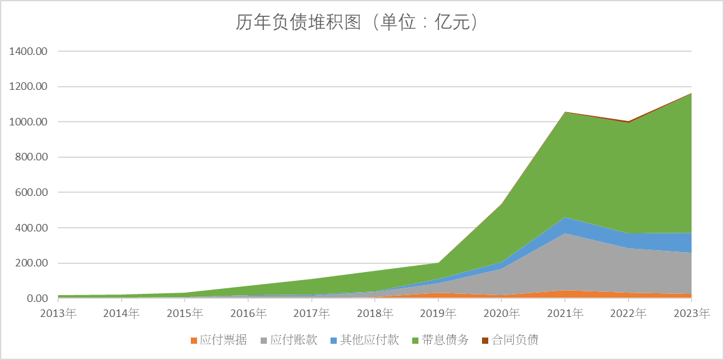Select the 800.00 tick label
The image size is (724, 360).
(x=32, y=157)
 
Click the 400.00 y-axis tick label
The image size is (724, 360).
(x=32, y=228)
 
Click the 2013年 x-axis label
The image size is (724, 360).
(x=58, y=313)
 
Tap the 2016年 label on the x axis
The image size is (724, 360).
(x=248, y=313)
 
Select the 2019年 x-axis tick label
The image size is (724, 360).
(x=438, y=313)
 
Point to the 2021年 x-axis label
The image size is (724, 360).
(x=565, y=313)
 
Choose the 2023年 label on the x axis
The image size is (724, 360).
(x=691, y=313)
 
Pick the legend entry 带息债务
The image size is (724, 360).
(x=445, y=340)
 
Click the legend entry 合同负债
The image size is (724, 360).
(x=515, y=340)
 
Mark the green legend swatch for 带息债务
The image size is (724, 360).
(x=416, y=341)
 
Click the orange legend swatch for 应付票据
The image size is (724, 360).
(x=194, y=341)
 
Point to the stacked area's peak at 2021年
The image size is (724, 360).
(x=565, y=112)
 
